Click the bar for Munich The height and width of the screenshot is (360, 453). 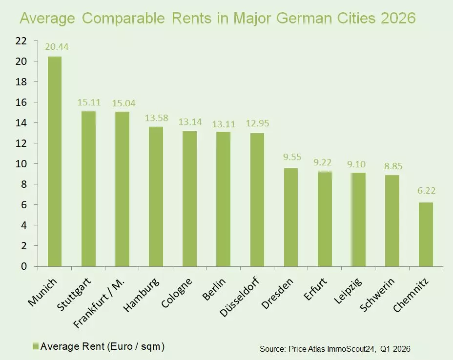[x=54, y=161]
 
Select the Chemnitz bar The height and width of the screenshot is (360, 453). [x=426, y=234]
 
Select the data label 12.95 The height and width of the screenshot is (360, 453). [x=257, y=123]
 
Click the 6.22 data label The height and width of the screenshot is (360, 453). [x=426, y=191]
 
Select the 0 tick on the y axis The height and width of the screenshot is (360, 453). [x=23, y=266]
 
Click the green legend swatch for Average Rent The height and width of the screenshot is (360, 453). [x=35, y=346]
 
